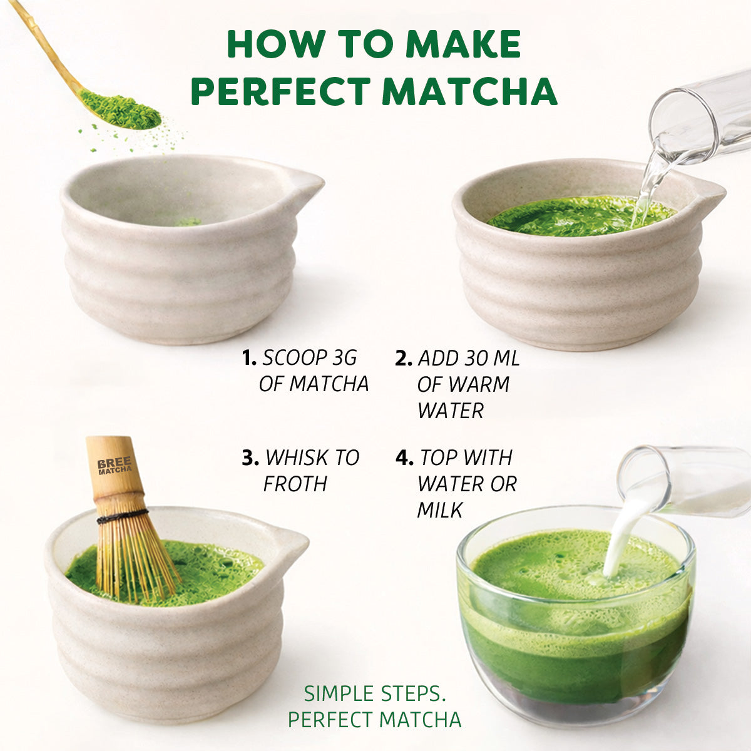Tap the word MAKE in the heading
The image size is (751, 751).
(x=462, y=44)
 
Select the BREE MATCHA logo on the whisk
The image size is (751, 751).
(x=115, y=466)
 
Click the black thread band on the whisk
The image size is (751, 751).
(x=121, y=516)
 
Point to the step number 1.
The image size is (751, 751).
(x=249, y=359)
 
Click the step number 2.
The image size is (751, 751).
(x=404, y=359)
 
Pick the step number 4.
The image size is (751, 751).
(x=404, y=458)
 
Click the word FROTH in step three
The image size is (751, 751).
(x=295, y=484)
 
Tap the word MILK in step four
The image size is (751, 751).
(x=440, y=511)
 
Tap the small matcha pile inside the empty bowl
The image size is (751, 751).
(x=187, y=222)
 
